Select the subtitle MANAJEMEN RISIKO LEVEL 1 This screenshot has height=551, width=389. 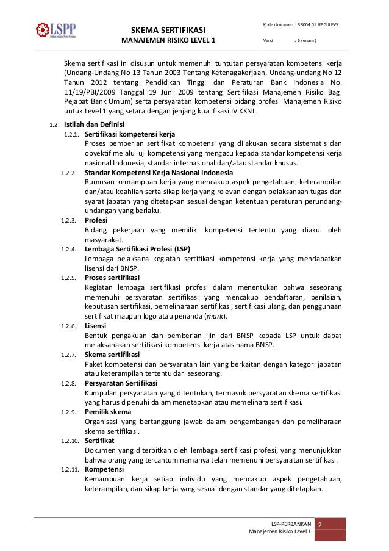click(169, 41)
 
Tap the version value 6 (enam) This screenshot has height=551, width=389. click(307, 41)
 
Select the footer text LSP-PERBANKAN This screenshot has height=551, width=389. click(291, 524)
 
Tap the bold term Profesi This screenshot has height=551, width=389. click(96, 220)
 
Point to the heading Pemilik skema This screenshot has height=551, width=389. click(108, 412)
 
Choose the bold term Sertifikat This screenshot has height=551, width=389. click(99, 441)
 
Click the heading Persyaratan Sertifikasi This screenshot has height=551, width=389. click(121, 383)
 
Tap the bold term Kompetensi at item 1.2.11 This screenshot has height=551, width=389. click(104, 469)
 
